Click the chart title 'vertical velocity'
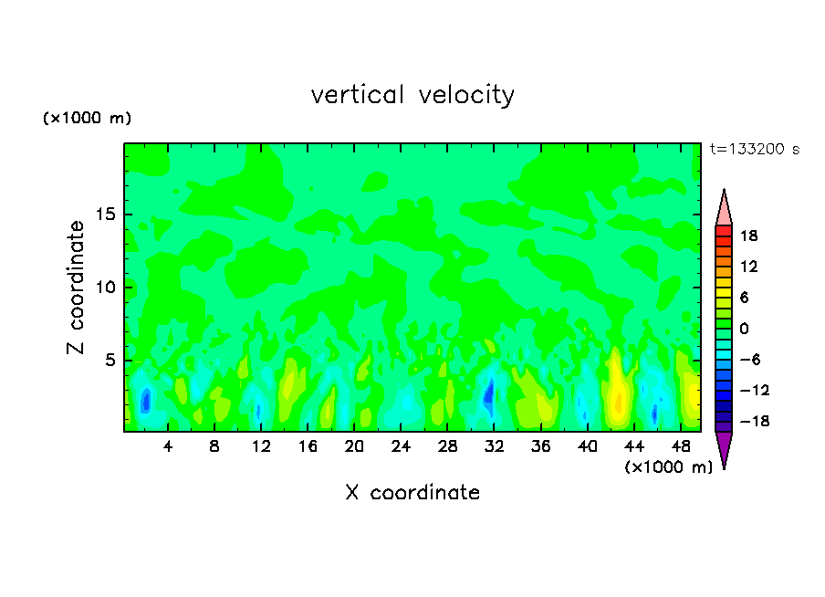point(412,95)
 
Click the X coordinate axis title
point(412,493)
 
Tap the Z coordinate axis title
point(77,288)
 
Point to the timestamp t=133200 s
point(754,150)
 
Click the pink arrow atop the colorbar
point(724,209)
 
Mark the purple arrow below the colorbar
point(724,448)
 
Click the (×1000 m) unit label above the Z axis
point(88,119)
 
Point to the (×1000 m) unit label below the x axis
point(668,467)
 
